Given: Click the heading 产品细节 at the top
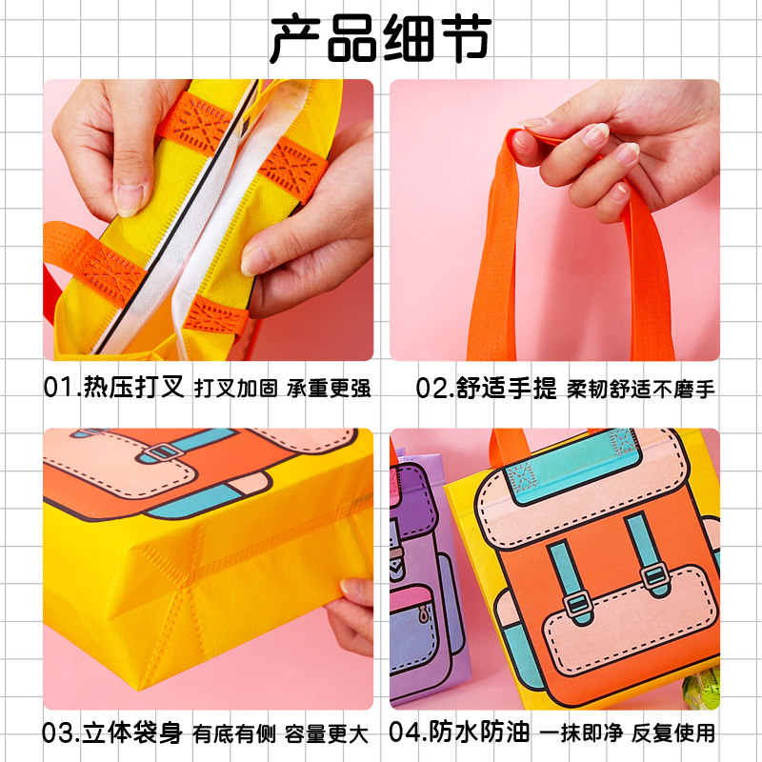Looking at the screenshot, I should coord(380,40).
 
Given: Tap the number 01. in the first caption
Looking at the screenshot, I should coord(63,388).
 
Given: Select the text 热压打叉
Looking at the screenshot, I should coord(133,388).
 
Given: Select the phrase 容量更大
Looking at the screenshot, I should coord(329,733).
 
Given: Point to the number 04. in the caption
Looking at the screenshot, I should coord(410,733).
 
